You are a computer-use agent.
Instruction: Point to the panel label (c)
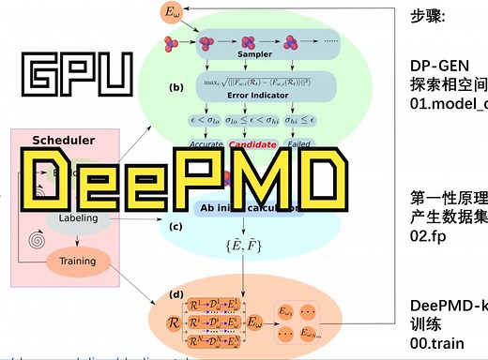tap(176, 226)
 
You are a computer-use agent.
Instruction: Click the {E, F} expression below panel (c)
tap(247, 247)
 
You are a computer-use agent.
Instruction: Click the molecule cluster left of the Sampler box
tap(177, 42)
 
